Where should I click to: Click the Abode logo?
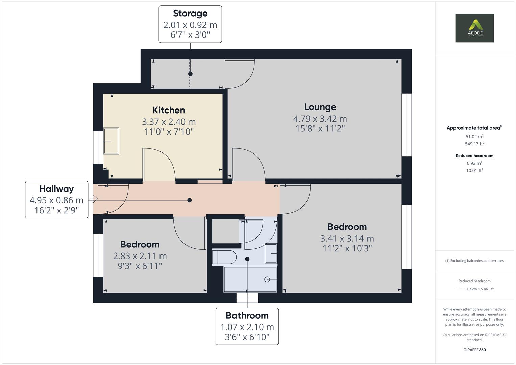coord(474,28)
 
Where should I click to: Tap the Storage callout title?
coord(190,14)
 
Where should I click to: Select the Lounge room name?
coord(320,107)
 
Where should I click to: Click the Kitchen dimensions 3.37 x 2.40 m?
coord(169,122)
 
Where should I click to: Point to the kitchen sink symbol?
coord(111,141)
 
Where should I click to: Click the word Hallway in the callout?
coord(56,189)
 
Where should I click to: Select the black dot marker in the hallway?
coord(190,200)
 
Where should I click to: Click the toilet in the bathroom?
coord(224,258)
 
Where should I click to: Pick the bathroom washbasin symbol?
coord(271,253)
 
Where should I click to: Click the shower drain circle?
coord(267,279)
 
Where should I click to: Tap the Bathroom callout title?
coord(247,316)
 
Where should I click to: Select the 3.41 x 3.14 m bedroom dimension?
coord(347,239)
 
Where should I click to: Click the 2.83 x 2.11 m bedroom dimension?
coord(140,256)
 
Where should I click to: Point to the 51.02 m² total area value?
coord(474,137)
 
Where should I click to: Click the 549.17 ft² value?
coord(474,144)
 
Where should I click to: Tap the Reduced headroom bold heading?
coord(474,156)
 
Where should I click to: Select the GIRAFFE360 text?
coord(474,350)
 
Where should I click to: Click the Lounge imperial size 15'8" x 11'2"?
coord(320,128)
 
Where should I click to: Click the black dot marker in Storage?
coord(190,74)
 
